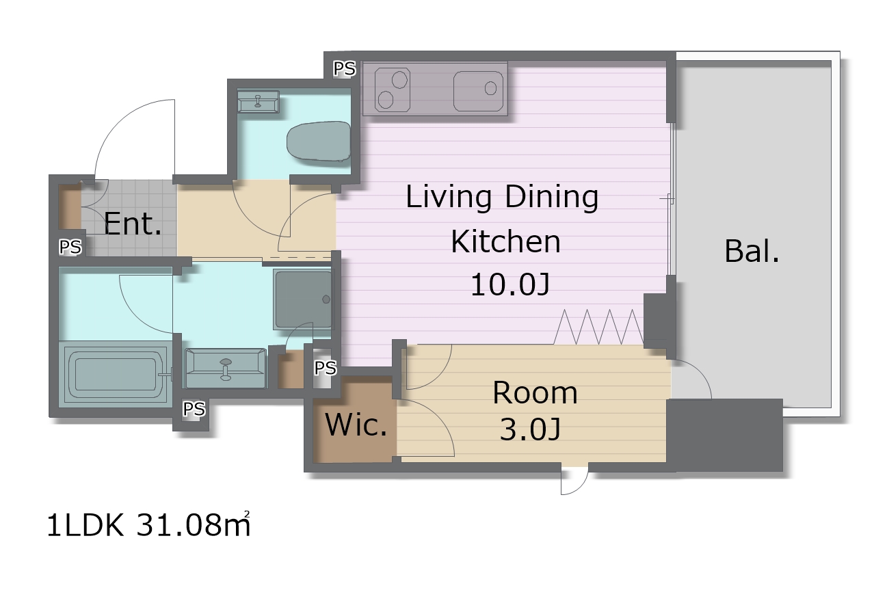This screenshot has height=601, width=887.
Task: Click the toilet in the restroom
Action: click(x=319, y=141)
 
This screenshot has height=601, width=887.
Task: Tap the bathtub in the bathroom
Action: click(x=115, y=375)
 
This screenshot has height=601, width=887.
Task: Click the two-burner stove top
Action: click(x=392, y=90)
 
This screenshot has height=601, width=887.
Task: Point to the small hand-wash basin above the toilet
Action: click(x=259, y=101)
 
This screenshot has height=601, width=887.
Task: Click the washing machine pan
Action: click(x=304, y=299)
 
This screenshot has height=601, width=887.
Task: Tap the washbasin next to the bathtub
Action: click(x=225, y=369)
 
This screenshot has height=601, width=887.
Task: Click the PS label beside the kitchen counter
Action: click(x=345, y=68)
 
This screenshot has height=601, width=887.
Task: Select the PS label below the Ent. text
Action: click(x=70, y=247)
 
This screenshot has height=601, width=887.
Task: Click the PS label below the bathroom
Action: click(x=194, y=409)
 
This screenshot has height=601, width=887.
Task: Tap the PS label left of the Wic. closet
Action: click(x=325, y=368)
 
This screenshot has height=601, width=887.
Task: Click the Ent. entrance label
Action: click(x=133, y=224)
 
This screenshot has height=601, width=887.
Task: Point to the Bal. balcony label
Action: click(x=752, y=251)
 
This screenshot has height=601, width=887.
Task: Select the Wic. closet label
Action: click(x=356, y=425)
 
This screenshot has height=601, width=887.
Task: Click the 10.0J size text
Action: click(x=510, y=284)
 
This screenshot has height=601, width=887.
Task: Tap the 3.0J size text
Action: click(x=530, y=429)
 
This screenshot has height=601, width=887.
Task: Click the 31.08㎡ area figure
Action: click(x=194, y=524)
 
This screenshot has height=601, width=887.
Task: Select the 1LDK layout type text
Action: click(x=85, y=525)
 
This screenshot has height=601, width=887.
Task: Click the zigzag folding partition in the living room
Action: click(x=598, y=327)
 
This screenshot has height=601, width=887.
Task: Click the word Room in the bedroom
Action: click(x=535, y=392)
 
